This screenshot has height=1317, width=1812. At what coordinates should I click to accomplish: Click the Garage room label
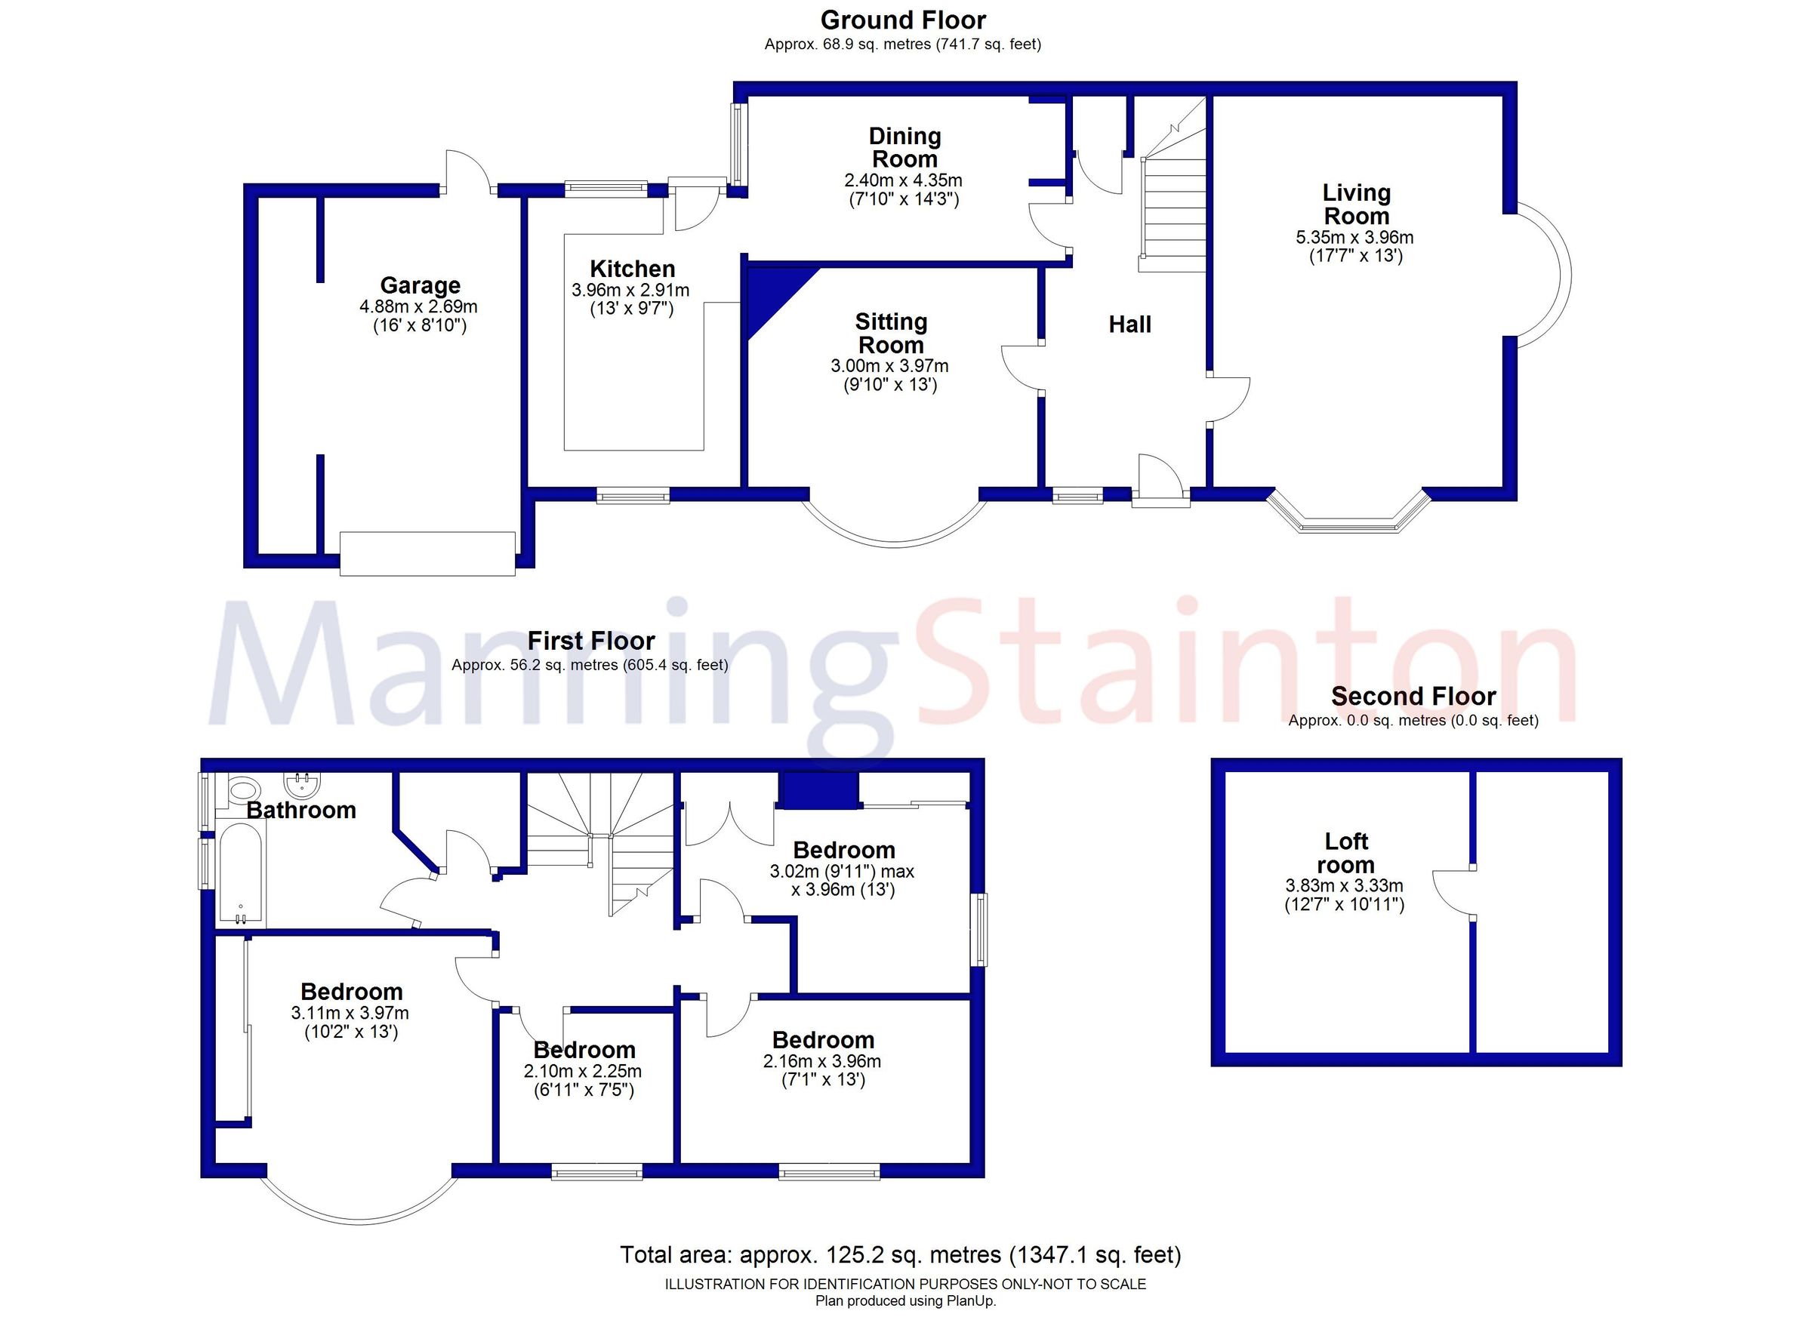(420, 285)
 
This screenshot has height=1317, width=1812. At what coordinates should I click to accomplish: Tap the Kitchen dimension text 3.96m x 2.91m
(630, 291)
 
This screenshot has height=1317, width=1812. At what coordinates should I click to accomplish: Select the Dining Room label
(904, 148)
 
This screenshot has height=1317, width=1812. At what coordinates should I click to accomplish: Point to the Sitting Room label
(891, 333)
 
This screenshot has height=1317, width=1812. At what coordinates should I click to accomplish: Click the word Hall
(1129, 325)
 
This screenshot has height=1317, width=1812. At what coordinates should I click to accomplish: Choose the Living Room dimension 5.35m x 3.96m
(1354, 237)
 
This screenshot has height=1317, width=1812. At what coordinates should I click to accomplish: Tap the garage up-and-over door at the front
(427, 552)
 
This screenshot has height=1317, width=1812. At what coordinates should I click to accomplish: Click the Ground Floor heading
(903, 20)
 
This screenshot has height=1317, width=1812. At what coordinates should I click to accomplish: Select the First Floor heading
(590, 641)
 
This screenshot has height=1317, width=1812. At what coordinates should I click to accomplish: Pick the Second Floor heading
(1413, 697)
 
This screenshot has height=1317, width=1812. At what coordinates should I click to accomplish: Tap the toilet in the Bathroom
(239, 792)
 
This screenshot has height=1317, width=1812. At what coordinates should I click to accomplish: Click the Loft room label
(1345, 853)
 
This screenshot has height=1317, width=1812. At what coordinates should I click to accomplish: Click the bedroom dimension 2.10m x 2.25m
(582, 1071)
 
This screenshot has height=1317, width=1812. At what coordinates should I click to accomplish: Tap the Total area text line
(901, 1254)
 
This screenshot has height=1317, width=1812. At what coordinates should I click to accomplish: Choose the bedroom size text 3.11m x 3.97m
(350, 1013)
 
